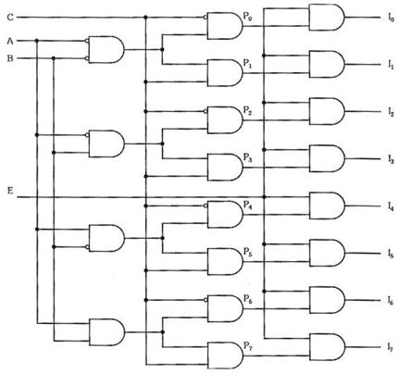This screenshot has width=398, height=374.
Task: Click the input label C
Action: coord(10,18)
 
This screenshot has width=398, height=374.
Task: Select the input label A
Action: coord(10,41)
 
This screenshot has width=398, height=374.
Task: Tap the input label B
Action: coord(10,58)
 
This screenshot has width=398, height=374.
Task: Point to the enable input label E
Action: coord(10,192)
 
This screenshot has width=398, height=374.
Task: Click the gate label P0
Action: coord(248,17)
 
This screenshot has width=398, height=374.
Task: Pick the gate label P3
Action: coord(248,158)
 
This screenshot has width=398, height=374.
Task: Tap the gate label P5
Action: coord(248,253)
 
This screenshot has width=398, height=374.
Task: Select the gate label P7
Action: coord(248,345)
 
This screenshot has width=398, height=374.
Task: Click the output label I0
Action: coord(391,18)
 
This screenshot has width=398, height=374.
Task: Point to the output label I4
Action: coord(391,206)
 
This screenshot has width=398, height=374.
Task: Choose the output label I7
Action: coord(391,347)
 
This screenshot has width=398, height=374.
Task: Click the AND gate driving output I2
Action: coord(327,111)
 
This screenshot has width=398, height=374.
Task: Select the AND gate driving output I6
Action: coord(327,300)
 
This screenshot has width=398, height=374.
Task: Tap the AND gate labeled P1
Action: coord(225,73)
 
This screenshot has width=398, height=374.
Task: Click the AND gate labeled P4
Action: coord(225,215)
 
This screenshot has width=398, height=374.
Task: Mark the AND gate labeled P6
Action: coord(225,308)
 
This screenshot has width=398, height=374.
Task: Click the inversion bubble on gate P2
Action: coord(205,111)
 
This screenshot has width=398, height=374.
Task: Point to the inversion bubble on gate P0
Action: coord(205,18)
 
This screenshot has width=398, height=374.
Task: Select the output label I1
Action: coord(391,65)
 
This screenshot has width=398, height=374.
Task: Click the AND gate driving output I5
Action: coord(327,253)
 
